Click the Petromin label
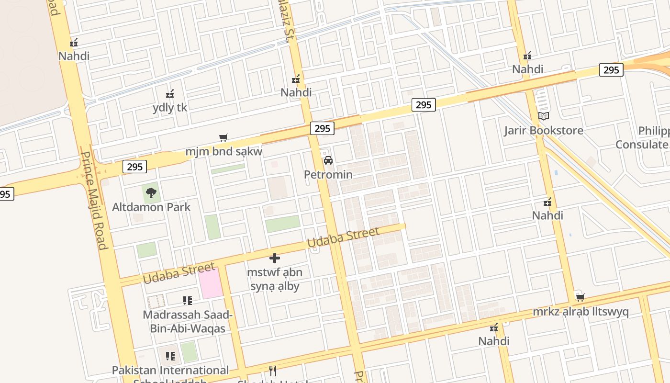pos(328,174)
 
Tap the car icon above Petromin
pos(328,160)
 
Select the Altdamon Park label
pos(151,207)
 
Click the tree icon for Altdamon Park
pos(151,193)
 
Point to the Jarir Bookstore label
pos(544,130)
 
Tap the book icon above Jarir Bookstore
pos(544,116)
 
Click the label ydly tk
pos(170,107)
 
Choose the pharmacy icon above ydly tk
pos(169,94)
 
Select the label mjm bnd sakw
pos(224,152)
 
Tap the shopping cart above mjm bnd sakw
pos(223,138)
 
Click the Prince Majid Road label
pos(94,201)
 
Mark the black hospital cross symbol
pos(275,258)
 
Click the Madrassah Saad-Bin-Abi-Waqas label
pos(188,322)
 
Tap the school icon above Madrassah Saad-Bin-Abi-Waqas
pos(188,301)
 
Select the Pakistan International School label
pos(170,371)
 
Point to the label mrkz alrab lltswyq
pos(581,312)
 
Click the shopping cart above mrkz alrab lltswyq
pos(581,297)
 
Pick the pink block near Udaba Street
pos(211,283)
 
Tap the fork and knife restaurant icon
pos(273,371)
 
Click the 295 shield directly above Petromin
pos(322,128)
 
